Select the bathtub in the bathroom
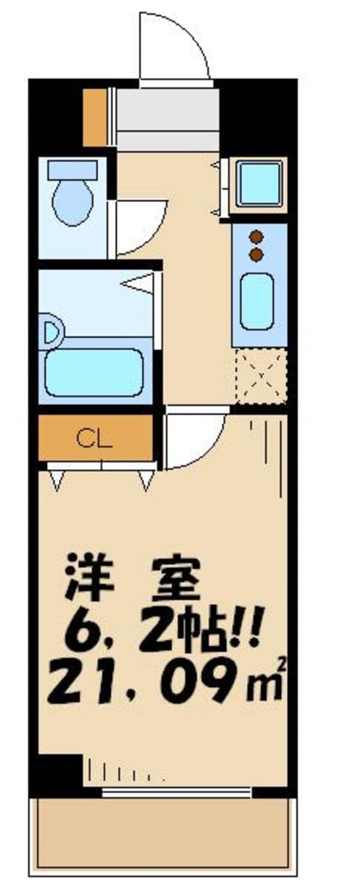[92, 372]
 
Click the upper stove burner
[256, 237]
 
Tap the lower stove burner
[256, 255]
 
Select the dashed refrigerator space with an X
[260, 376]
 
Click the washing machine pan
[258, 183]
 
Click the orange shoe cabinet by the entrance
[94, 118]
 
